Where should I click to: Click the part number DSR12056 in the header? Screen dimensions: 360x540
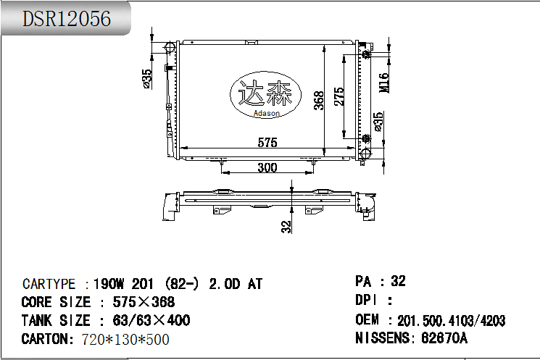click(x=67, y=20)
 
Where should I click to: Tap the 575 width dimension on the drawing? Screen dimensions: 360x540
click(x=267, y=143)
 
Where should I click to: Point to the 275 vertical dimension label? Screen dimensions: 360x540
click(x=338, y=96)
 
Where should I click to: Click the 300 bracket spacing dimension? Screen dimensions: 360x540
click(x=267, y=167)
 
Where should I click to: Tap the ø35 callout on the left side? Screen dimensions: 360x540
click(x=147, y=78)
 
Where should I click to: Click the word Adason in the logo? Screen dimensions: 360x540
click(x=267, y=113)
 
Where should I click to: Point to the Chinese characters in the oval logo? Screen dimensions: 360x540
click(x=265, y=94)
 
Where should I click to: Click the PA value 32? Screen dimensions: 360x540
click(x=398, y=281)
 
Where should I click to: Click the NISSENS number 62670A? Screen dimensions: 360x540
click(x=442, y=338)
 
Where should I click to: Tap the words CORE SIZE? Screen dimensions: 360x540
click(x=56, y=302)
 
